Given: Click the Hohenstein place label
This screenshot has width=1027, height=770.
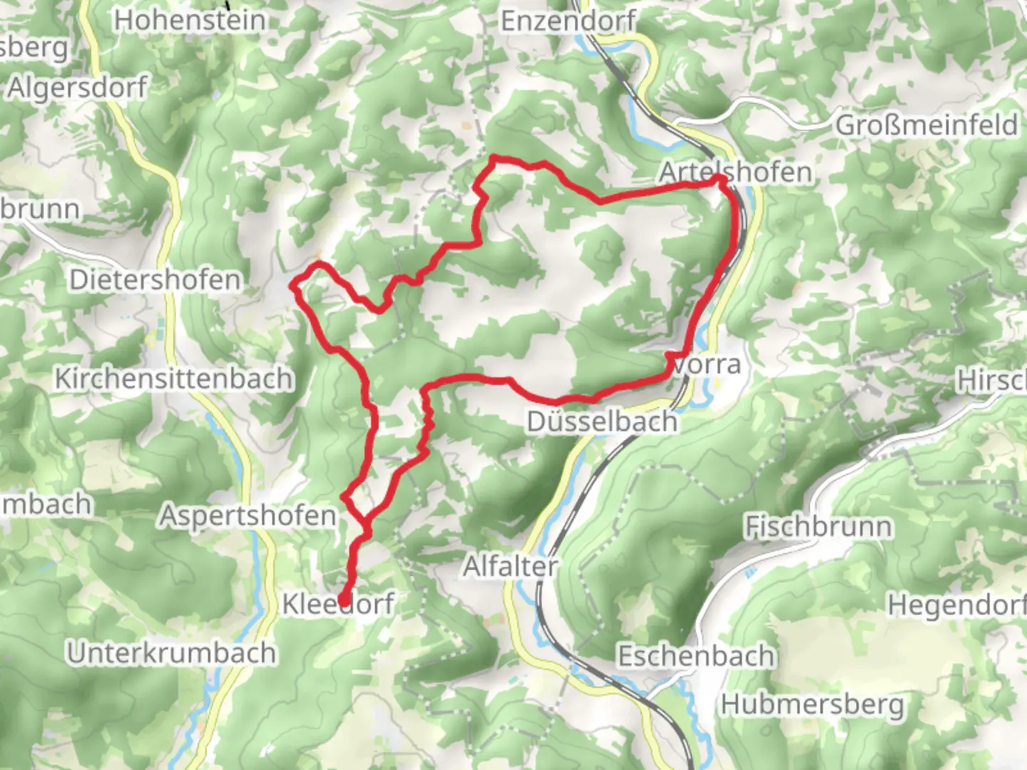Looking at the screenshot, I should pos(190,20).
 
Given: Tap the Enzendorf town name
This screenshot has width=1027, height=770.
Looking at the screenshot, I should pos(568,21).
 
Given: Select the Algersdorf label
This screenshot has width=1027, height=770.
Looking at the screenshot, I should pos(77,88).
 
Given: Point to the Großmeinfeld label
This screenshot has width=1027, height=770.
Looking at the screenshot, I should pos(926,125).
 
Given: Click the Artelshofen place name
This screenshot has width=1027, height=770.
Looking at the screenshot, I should pos(735,172).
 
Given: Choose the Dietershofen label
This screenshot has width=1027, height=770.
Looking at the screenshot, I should pos(155,279).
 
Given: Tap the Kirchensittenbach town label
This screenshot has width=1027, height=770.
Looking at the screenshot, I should pos(174,378).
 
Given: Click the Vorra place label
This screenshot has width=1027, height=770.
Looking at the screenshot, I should pos(707,364).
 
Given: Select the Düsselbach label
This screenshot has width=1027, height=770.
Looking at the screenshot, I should pos(602,421).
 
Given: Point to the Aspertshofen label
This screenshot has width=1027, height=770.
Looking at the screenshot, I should pos(247,515).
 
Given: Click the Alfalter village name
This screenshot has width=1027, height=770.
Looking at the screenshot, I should pos(510,567).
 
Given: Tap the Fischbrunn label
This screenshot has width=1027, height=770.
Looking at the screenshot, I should pos(818,527).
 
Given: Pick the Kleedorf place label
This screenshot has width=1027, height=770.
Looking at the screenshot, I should pos(338,604).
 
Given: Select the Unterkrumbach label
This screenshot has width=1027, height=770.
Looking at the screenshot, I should pos(171,653).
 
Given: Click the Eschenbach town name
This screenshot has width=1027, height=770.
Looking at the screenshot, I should pos(696,656).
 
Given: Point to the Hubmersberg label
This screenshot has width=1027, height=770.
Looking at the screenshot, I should pos(812,704).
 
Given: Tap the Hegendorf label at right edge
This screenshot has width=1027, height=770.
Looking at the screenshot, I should pos(956,605).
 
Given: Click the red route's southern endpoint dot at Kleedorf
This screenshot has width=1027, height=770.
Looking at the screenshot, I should pos(344,600).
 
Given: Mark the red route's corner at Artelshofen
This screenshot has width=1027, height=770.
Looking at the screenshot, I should pos(720,178).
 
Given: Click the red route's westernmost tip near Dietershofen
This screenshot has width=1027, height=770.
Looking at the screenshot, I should pos(292,286).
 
